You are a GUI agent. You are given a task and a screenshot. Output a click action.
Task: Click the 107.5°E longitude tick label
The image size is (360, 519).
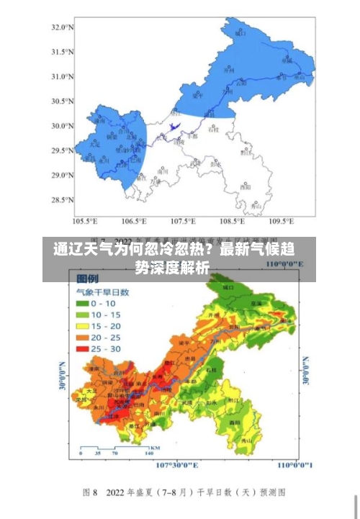pyautogui.click(x=183, y=221)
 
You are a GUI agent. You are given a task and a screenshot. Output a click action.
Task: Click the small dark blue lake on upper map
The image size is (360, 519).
pyautogui.click(x=173, y=128)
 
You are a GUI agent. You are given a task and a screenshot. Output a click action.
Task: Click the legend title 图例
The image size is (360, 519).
pyautogui.click(x=88, y=278)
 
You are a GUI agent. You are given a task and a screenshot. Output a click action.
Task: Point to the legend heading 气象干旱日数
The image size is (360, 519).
pyautogui.click(x=102, y=292)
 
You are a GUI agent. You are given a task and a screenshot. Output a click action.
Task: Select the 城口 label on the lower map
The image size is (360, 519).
pyautogui.click(x=229, y=286)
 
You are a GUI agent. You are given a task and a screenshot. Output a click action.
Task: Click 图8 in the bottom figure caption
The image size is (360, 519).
pyautogui.click(x=91, y=492)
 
